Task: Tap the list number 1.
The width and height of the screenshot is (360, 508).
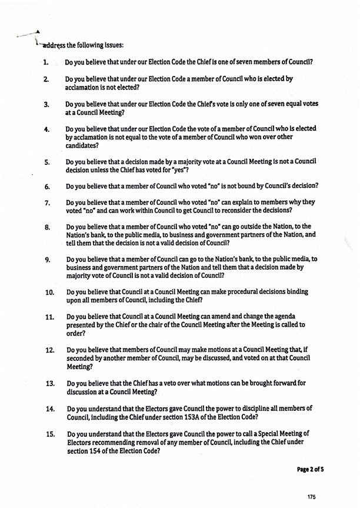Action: pos(45,62)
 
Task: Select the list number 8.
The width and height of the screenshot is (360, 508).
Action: pos(47,227)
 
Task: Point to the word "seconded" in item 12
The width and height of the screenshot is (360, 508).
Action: pos(83,358)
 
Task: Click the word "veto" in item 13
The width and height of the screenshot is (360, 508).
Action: pos(175,383)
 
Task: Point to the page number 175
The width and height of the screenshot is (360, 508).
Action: pos(311,497)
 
